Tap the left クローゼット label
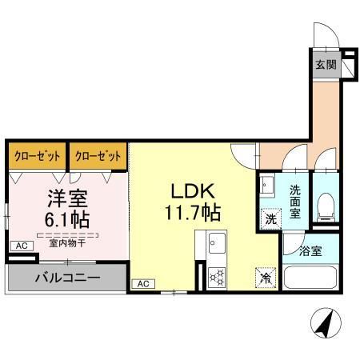click(35, 156)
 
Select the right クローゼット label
click(98, 156)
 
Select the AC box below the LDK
click(142, 283)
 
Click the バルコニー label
click(67, 278)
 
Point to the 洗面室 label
click(295, 202)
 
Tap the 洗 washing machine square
click(270, 217)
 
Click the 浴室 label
click(312, 250)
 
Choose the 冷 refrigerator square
click(265, 278)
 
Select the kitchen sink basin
click(217, 242)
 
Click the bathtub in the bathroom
click(313, 281)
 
